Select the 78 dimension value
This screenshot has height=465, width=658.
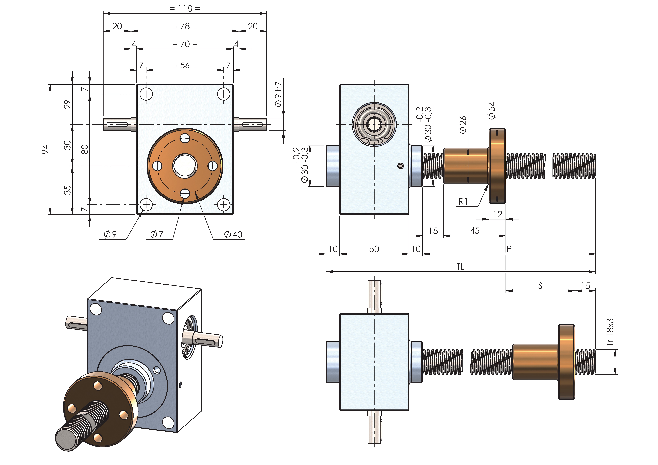click(x=185, y=26)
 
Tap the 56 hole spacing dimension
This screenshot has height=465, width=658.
click(x=185, y=65)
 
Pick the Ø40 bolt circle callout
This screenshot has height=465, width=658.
click(x=233, y=234)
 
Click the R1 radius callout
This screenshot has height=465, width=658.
click(x=463, y=202)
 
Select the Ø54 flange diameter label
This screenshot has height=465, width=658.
click(x=492, y=110)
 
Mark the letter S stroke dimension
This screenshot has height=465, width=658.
click(x=540, y=286)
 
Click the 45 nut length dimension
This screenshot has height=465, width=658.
click(x=475, y=231)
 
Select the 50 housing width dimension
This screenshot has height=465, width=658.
click(x=374, y=249)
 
